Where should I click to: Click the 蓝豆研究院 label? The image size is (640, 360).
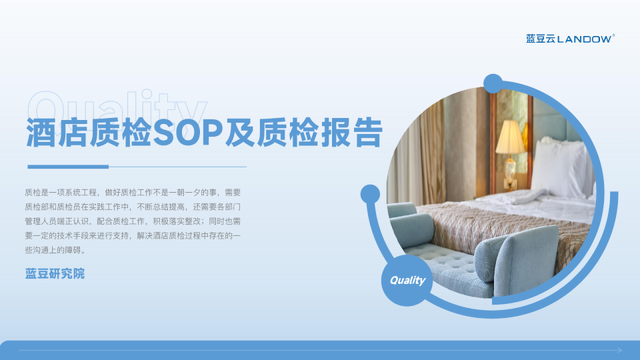[55, 273]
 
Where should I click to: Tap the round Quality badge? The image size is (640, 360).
[407, 281]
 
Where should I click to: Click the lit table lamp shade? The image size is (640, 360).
[510, 137]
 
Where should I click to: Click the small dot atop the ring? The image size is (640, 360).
[493, 83]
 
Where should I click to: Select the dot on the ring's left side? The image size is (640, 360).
[370, 195]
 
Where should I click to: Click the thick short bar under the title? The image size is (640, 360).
[67, 167]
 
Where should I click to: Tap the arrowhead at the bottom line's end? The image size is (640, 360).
[620, 350]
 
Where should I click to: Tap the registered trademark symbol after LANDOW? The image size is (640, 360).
[613, 35]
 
